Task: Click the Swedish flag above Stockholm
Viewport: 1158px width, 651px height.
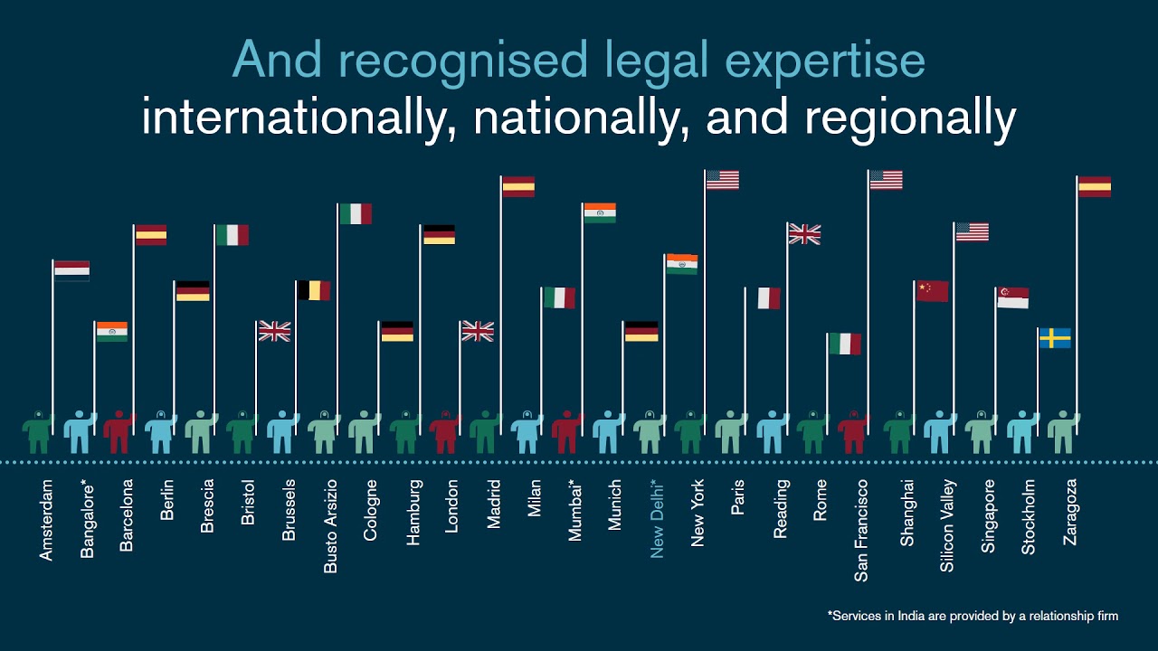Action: tap(1055, 338)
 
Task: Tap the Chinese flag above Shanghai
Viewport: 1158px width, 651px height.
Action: tap(932, 291)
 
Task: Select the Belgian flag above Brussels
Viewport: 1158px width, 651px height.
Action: tap(314, 290)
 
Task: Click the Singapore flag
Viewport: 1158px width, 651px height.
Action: tap(1012, 297)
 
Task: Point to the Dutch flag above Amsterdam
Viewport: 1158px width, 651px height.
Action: tap(71, 270)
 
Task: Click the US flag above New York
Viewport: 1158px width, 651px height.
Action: tap(722, 180)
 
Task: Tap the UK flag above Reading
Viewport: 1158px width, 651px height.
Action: tap(803, 234)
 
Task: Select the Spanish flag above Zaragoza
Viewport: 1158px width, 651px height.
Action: tap(1095, 186)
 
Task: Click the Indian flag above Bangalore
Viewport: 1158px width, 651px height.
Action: tap(112, 332)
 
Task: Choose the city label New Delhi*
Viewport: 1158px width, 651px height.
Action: tap(658, 518)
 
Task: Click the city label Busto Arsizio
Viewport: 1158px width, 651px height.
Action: tap(331, 526)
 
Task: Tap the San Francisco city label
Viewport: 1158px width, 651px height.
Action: tap(861, 530)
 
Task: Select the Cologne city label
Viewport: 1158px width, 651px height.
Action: tap(371, 511)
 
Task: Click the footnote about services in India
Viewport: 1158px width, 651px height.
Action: tap(973, 616)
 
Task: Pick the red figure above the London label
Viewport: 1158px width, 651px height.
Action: tap(445, 432)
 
